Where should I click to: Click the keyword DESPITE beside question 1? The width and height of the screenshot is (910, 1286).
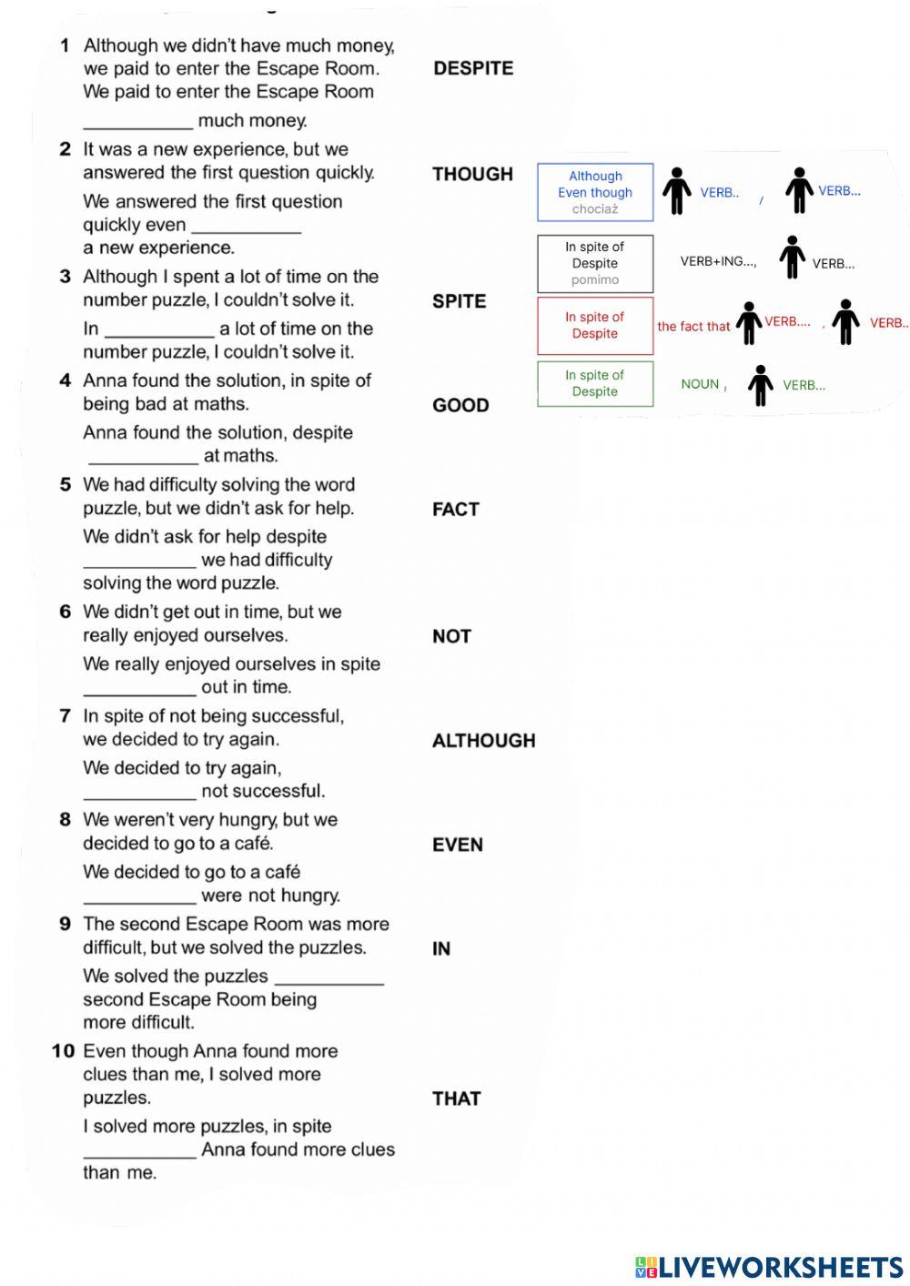pyautogui.click(x=473, y=68)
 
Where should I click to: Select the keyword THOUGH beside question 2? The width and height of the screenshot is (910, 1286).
pyautogui.click(x=472, y=174)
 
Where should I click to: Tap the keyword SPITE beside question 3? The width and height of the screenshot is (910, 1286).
pyautogui.click(x=459, y=301)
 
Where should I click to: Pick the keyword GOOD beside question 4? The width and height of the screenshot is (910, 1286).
pyautogui.click(x=460, y=405)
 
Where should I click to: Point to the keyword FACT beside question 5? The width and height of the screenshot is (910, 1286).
pyautogui.click(x=455, y=510)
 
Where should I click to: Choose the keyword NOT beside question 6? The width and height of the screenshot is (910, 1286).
pyautogui.click(x=451, y=636)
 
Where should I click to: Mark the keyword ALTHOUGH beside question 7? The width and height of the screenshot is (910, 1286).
pyautogui.click(x=483, y=741)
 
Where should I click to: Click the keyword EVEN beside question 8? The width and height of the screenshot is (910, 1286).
pyautogui.click(x=457, y=845)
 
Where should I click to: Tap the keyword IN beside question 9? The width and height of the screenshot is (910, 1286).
pyautogui.click(x=441, y=948)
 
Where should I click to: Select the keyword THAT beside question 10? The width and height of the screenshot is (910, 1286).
pyautogui.click(x=456, y=1099)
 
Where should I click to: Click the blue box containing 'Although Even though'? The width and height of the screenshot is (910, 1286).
pyautogui.click(x=595, y=192)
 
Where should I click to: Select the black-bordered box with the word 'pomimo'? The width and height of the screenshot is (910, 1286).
pyautogui.click(x=595, y=263)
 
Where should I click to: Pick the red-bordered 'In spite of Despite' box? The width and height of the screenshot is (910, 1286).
pyautogui.click(x=595, y=325)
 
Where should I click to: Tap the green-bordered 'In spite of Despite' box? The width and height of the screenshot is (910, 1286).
pyautogui.click(x=595, y=383)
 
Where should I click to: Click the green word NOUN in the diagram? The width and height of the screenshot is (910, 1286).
pyautogui.click(x=700, y=384)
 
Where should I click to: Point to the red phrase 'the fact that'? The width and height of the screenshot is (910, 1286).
pyautogui.click(x=693, y=327)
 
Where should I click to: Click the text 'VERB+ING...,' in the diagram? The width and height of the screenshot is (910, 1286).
pyautogui.click(x=718, y=261)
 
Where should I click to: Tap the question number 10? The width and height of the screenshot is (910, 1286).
pyautogui.click(x=63, y=1051)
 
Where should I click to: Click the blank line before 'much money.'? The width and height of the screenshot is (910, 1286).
pyautogui.click(x=137, y=121)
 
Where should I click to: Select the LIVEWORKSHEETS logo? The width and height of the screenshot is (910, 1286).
pyautogui.click(x=769, y=1266)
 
